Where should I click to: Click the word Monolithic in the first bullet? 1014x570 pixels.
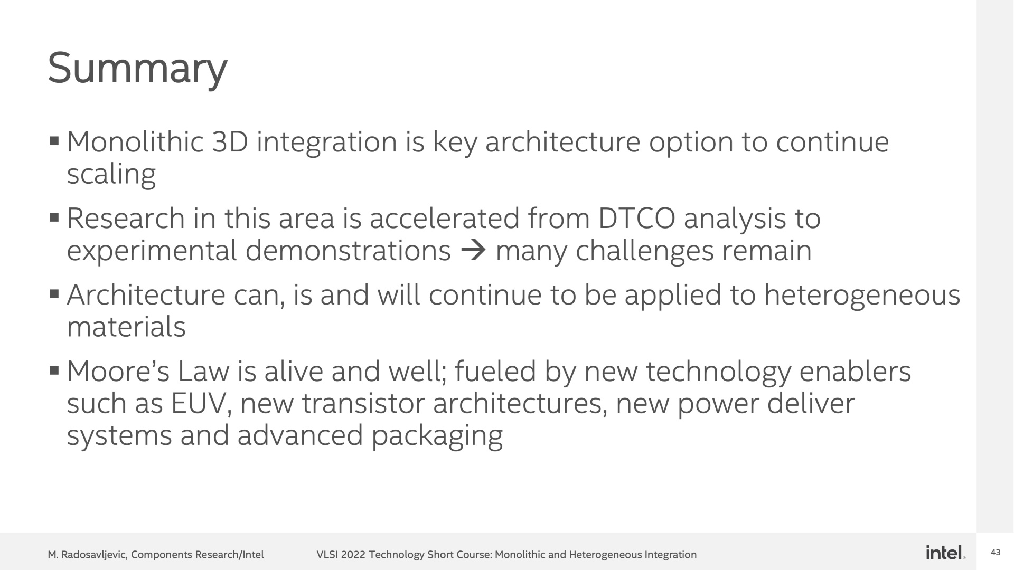[x=135, y=142]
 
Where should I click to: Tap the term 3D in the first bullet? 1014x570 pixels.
[x=230, y=142]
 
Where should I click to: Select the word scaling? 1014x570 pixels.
[x=111, y=175]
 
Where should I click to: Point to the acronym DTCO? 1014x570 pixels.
[x=636, y=219]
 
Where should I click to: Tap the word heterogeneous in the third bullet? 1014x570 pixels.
[x=862, y=295]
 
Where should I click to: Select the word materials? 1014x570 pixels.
[x=126, y=327]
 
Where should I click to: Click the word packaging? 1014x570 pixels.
[x=437, y=438]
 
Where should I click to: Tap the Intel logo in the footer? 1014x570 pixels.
[x=945, y=553]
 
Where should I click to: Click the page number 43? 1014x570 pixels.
[x=996, y=553]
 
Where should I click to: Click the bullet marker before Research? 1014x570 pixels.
[x=53, y=217]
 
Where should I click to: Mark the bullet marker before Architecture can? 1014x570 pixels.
[x=53, y=293]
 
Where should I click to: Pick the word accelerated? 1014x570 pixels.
[x=445, y=219]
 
